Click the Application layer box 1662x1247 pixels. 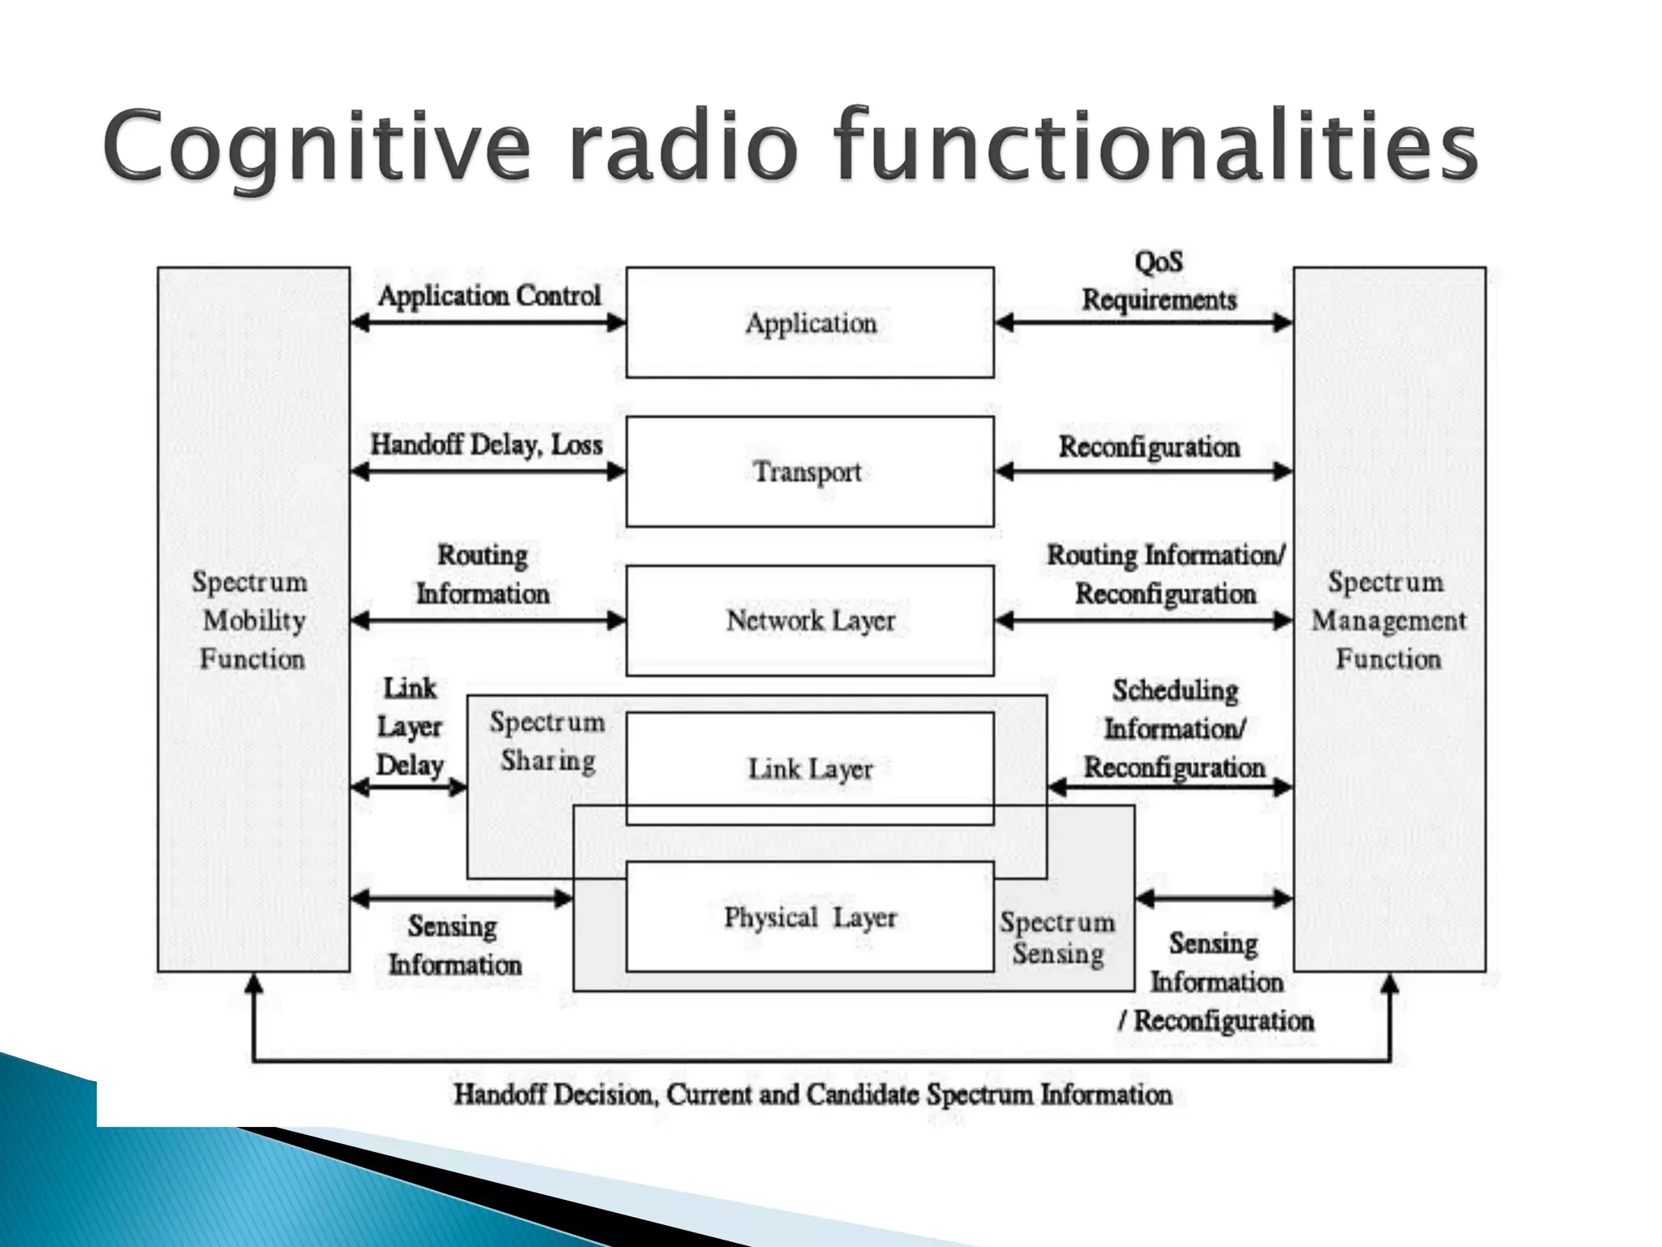pyautogui.click(x=810, y=323)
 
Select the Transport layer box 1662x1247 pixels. pyautogui.click(x=810, y=472)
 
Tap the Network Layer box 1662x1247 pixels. pyautogui.click(x=810, y=621)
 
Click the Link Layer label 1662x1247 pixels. pyautogui.click(x=810, y=769)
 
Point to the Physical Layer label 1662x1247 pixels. pyautogui.click(x=810, y=918)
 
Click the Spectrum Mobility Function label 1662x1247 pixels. pyautogui.click(x=252, y=620)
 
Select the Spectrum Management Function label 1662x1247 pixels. pyautogui.click(x=1389, y=620)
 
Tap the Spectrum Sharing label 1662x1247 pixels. pyautogui.click(x=548, y=741)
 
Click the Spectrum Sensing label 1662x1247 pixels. pyautogui.click(x=1057, y=938)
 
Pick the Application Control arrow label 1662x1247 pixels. pyautogui.click(x=489, y=296)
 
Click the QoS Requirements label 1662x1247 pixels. pyautogui.click(x=1159, y=281)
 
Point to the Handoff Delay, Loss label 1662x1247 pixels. pyautogui.click(x=487, y=445)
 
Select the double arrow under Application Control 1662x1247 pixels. pyautogui.click(x=489, y=323)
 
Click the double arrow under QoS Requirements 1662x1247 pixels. pyautogui.click(x=1143, y=323)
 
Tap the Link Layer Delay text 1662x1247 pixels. pyautogui.click(x=410, y=727)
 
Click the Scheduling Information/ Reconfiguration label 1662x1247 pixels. pyautogui.click(x=1174, y=729)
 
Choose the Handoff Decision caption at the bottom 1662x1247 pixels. pyautogui.click(x=812, y=1094)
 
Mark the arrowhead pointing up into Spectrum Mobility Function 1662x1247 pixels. pyautogui.click(x=254, y=984)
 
